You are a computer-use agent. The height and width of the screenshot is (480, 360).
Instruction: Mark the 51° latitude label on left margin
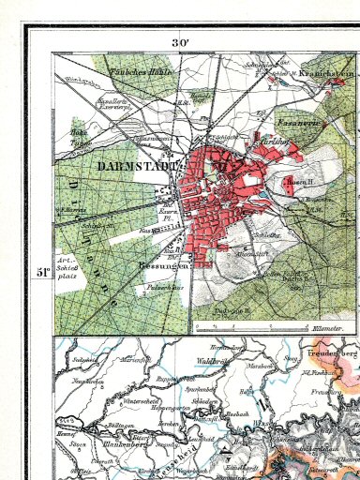43,272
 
